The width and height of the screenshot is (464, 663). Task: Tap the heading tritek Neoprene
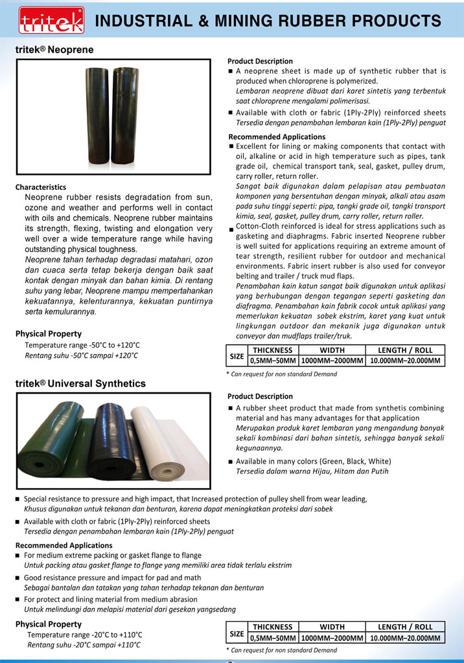click(54, 50)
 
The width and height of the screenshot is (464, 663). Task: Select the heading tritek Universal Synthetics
click(80, 383)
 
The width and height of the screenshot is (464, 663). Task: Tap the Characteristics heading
click(41, 187)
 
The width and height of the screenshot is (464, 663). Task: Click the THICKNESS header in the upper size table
click(273, 350)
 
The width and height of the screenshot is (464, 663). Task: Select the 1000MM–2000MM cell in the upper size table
click(332, 361)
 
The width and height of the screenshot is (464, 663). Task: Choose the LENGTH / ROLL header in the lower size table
click(405, 627)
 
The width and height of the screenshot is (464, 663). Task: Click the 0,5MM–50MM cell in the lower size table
click(273, 638)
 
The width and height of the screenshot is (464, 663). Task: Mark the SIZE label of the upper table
click(237, 355)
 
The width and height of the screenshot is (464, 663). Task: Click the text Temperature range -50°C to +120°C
click(82, 345)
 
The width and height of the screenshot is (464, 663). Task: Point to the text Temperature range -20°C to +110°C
click(85, 635)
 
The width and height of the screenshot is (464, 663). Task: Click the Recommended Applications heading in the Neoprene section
click(277, 137)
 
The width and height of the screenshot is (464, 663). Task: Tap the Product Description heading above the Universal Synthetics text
click(260, 396)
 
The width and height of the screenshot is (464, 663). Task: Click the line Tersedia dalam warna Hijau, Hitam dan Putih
click(312, 471)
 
